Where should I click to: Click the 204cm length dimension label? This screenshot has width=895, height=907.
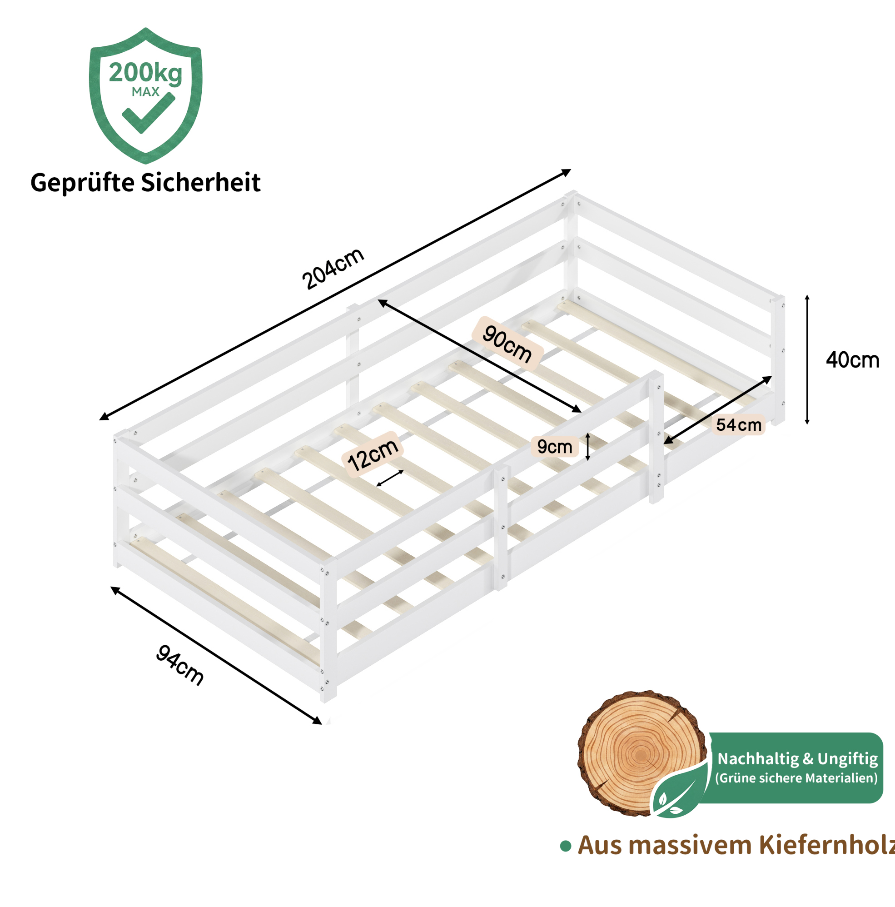333,269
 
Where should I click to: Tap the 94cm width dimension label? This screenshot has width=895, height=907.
180,665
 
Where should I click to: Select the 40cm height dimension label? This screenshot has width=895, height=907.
852,360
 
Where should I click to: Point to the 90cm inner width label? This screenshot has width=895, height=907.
507,344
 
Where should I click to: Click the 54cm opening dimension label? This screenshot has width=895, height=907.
739,425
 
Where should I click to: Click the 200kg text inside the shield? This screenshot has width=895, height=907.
145,74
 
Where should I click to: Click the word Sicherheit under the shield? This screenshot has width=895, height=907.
201,183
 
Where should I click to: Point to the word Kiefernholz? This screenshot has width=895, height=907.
826,845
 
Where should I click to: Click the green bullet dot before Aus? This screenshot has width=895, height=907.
566,847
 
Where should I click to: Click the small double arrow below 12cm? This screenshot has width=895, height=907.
389,478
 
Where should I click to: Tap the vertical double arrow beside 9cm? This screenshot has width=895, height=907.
587,447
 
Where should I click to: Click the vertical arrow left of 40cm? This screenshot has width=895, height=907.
807,359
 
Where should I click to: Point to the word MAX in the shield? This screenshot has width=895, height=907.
145,92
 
